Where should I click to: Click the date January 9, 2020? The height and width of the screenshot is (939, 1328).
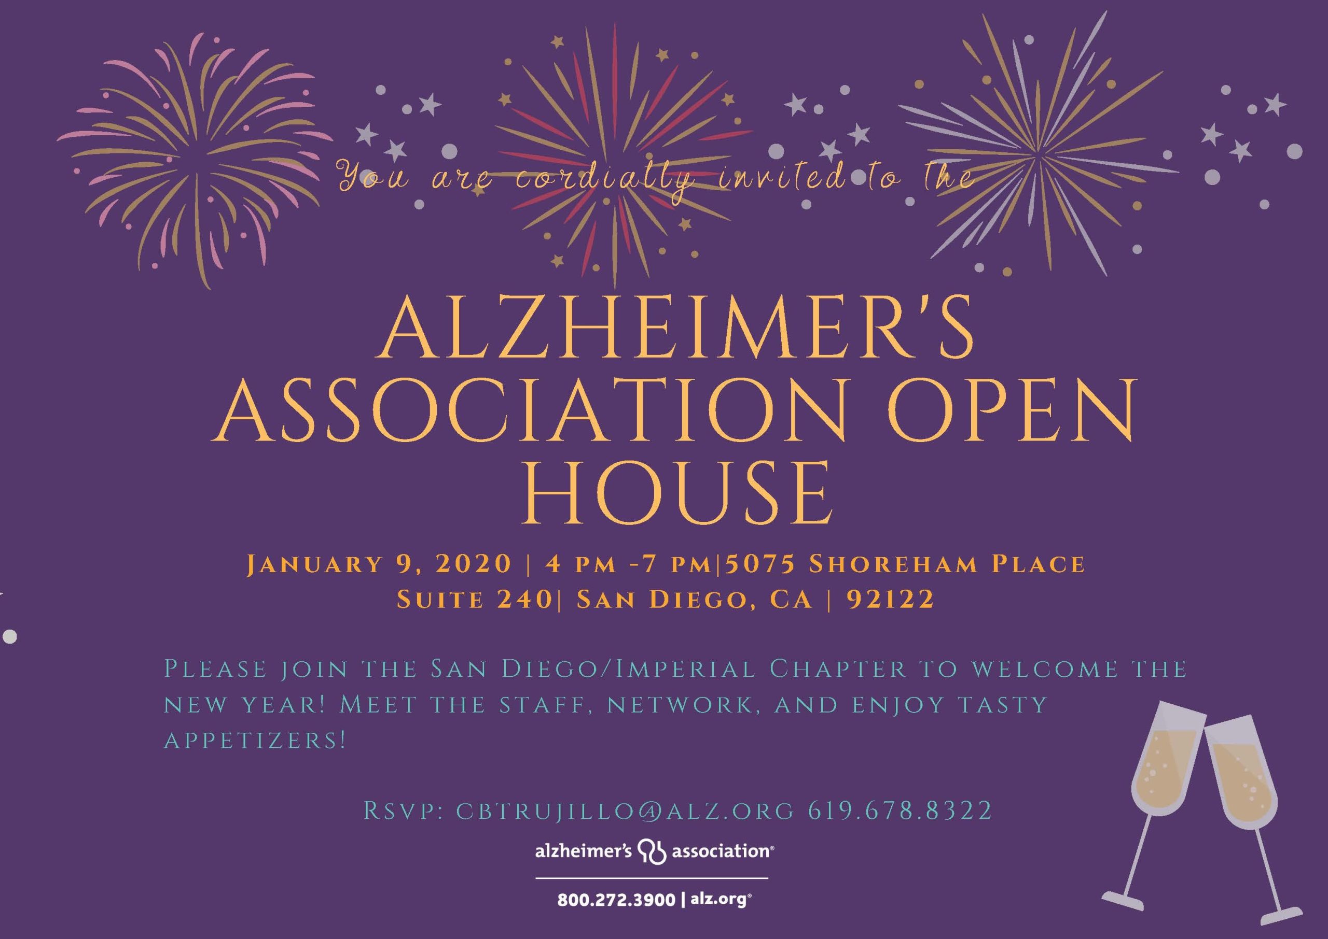[x=379, y=564]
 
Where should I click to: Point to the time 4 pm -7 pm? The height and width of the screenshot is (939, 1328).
[x=628, y=565]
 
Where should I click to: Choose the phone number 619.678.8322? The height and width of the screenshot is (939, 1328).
[x=901, y=811]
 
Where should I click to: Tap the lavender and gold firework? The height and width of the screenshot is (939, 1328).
[x=1039, y=145]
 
